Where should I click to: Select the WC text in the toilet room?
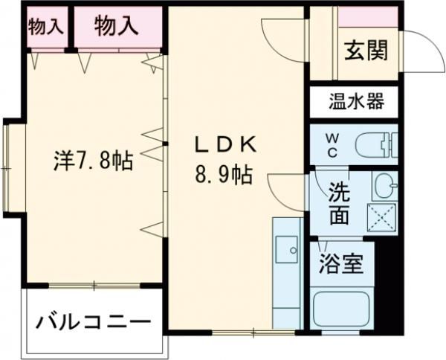pos(332,144)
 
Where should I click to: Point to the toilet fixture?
pos(375,144)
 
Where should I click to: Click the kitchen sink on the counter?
pos(285,248)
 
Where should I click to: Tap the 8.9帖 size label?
pos(223,177)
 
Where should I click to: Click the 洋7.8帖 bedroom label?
pos(94,160)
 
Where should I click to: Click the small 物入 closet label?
pos(45,26)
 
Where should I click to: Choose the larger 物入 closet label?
pos(116,25)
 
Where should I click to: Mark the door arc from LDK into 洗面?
pos(285,186)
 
